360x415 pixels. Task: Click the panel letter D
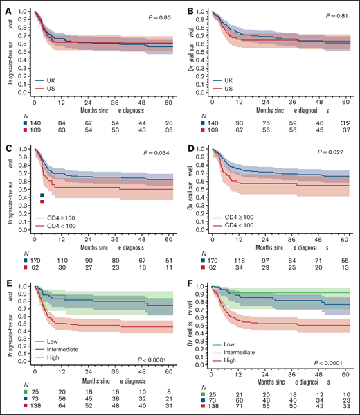pos(185,145)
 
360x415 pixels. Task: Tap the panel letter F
pos(185,283)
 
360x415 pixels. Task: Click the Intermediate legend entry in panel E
pos(66,351)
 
